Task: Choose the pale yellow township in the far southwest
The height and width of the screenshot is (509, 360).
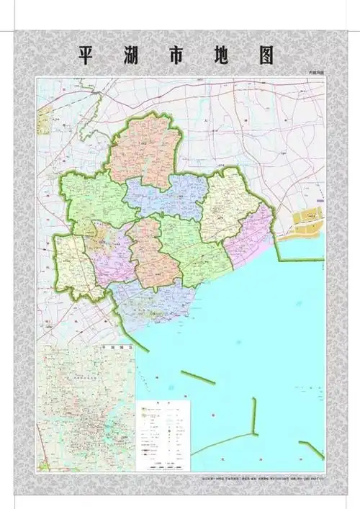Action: coord(74,266)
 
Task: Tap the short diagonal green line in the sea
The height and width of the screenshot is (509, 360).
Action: coord(197,377)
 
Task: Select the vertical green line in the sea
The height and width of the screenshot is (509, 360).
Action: coord(254,417)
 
